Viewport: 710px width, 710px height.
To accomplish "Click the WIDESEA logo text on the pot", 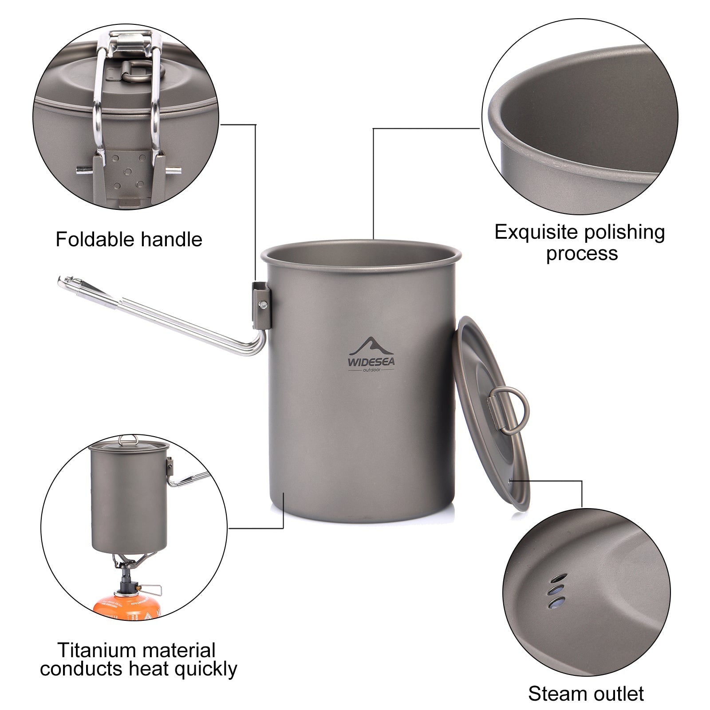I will (371, 362).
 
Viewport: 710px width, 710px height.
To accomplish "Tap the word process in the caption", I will (582, 253).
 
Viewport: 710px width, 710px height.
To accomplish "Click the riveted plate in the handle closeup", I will (128, 171).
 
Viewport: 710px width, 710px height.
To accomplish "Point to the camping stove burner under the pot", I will (126, 563).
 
